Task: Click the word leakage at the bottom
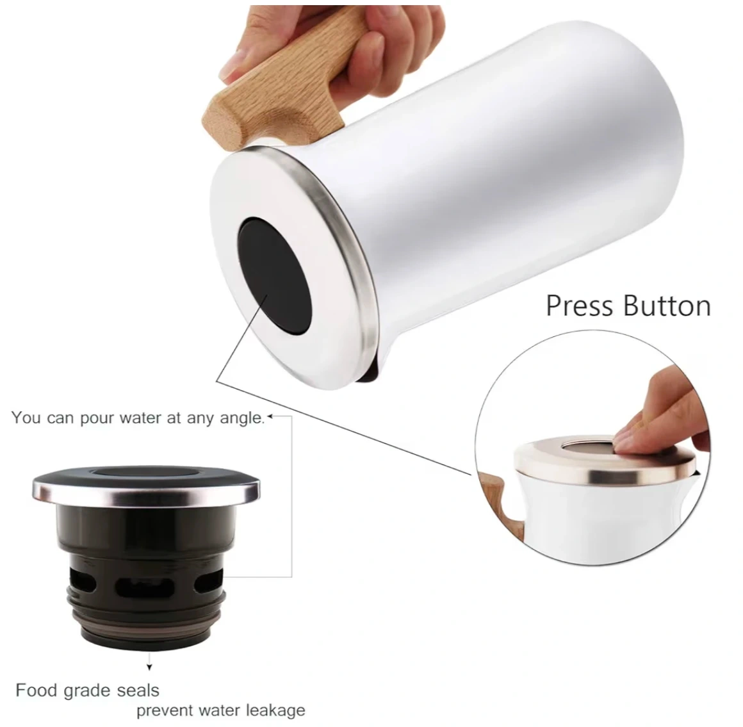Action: (275, 711)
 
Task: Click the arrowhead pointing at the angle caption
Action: (270, 417)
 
